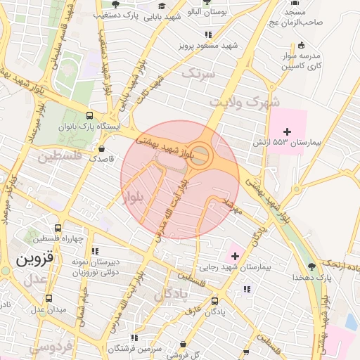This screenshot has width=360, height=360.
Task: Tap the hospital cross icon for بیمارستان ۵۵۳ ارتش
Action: pyautogui.click(x=286, y=131)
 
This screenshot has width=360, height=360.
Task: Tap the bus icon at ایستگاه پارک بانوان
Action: pyautogui.click(x=89, y=115)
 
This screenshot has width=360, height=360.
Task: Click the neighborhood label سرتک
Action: pyautogui.click(x=197, y=72)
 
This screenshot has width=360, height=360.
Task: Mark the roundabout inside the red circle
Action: pyautogui.click(x=200, y=155)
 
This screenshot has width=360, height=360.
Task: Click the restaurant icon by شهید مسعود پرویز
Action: pyautogui.click(x=207, y=34)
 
